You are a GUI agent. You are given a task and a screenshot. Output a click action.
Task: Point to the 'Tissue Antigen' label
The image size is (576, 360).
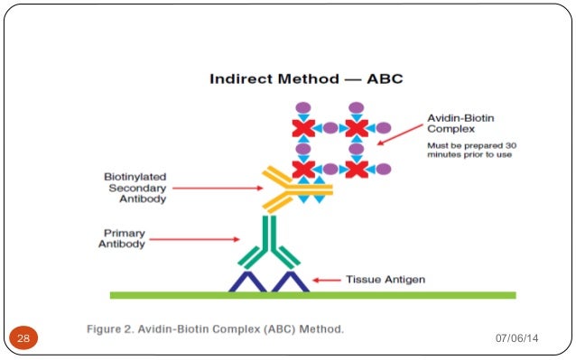[386, 280]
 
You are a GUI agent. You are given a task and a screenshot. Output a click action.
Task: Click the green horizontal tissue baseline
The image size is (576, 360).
[311, 295]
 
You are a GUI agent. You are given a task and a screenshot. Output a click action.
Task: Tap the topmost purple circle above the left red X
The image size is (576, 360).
[303, 108]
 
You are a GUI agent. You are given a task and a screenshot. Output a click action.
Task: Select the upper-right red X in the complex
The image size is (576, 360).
[357, 129]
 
